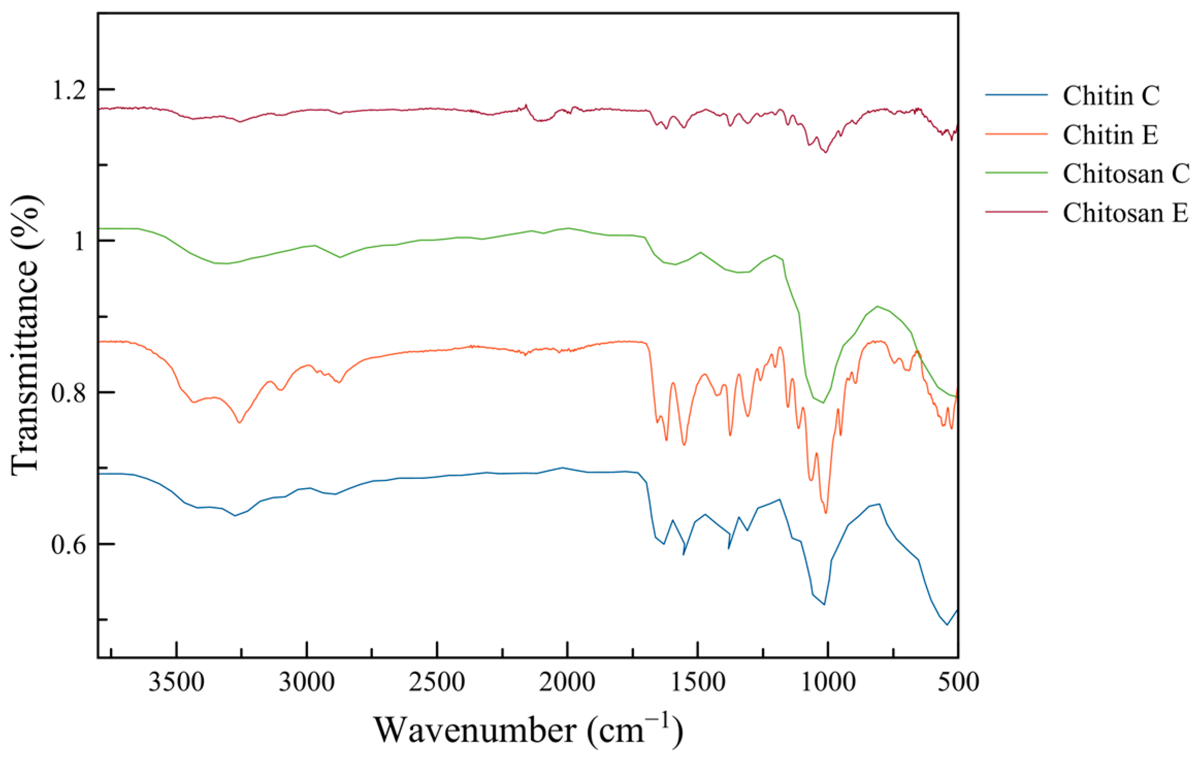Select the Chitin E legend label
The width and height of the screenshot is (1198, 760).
click(1110, 135)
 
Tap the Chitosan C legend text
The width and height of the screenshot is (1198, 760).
click(1126, 174)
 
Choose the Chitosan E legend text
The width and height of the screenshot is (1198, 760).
click(1125, 213)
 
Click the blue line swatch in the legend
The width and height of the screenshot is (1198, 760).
click(1016, 95)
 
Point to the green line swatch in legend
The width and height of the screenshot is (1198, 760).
click(1016, 173)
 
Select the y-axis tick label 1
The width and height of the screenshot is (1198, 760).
click(78, 241)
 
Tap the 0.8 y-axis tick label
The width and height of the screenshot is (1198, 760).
click(69, 393)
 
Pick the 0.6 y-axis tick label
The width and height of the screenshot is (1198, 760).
click(69, 544)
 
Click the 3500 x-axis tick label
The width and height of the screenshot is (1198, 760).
click(176, 683)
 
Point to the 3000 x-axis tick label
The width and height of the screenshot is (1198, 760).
click(307, 683)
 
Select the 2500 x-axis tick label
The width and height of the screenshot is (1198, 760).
click(437, 683)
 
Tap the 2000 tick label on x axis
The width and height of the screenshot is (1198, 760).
click(567, 683)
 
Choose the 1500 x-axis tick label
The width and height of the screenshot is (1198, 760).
click(697, 683)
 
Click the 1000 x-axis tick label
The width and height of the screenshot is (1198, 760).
click(828, 683)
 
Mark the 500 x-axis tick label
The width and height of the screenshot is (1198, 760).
click(958, 683)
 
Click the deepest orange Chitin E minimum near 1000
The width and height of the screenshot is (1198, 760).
click(826, 513)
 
